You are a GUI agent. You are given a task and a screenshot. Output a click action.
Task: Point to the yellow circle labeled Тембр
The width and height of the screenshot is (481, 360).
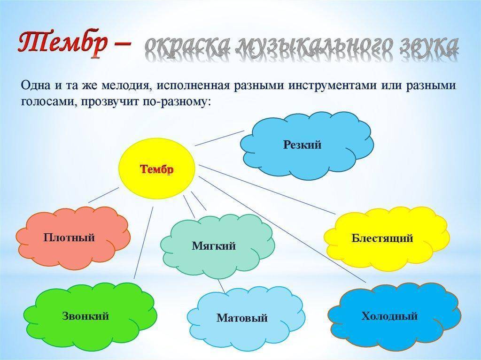[157, 169]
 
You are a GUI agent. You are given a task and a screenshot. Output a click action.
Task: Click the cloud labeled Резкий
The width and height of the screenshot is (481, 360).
[307, 146]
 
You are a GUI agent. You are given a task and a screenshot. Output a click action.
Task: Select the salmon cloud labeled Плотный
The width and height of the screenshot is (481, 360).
[73, 237]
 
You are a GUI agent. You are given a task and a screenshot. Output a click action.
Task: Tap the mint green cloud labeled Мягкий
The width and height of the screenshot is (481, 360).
[218, 246]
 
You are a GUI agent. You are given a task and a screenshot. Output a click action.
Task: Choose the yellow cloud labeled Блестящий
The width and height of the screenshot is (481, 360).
[387, 238]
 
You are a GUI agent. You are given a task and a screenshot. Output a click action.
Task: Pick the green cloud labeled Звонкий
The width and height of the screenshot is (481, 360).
[90, 316]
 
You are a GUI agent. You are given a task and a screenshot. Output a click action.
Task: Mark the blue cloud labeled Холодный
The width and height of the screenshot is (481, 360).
[394, 316]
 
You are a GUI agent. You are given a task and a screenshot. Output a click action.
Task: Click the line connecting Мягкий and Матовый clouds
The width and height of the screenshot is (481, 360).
[222, 286]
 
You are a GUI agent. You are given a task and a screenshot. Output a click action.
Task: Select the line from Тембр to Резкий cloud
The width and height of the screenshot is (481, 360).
[219, 138]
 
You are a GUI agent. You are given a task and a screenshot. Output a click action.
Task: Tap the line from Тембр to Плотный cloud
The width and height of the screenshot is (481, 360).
[103, 195]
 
